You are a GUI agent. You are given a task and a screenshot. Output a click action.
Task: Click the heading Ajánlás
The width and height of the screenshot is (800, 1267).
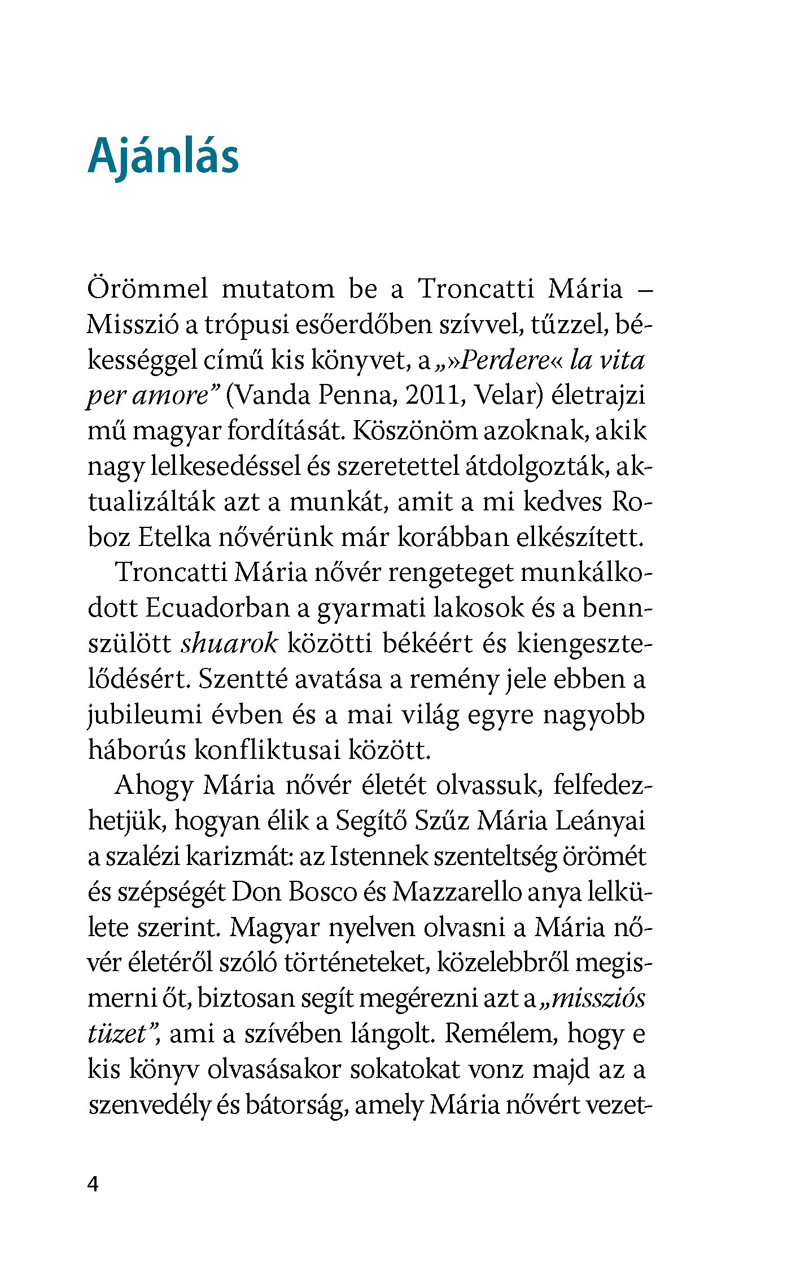click(163, 156)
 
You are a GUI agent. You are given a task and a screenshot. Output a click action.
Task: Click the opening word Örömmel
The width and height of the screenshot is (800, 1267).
click(148, 289)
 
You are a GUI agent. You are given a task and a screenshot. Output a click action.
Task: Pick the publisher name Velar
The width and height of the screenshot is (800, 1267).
click(508, 395)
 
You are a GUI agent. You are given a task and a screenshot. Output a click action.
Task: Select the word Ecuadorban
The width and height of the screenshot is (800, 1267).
click(220, 608)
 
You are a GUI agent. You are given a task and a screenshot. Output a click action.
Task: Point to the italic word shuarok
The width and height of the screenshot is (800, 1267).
click(229, 644)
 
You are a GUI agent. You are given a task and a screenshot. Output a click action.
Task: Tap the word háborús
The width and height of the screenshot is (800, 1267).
click(137, 750)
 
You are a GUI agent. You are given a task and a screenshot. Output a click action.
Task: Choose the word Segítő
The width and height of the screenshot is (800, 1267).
click(371, 821)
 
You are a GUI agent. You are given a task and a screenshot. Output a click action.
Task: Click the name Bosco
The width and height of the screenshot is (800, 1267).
click(322, 892)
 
